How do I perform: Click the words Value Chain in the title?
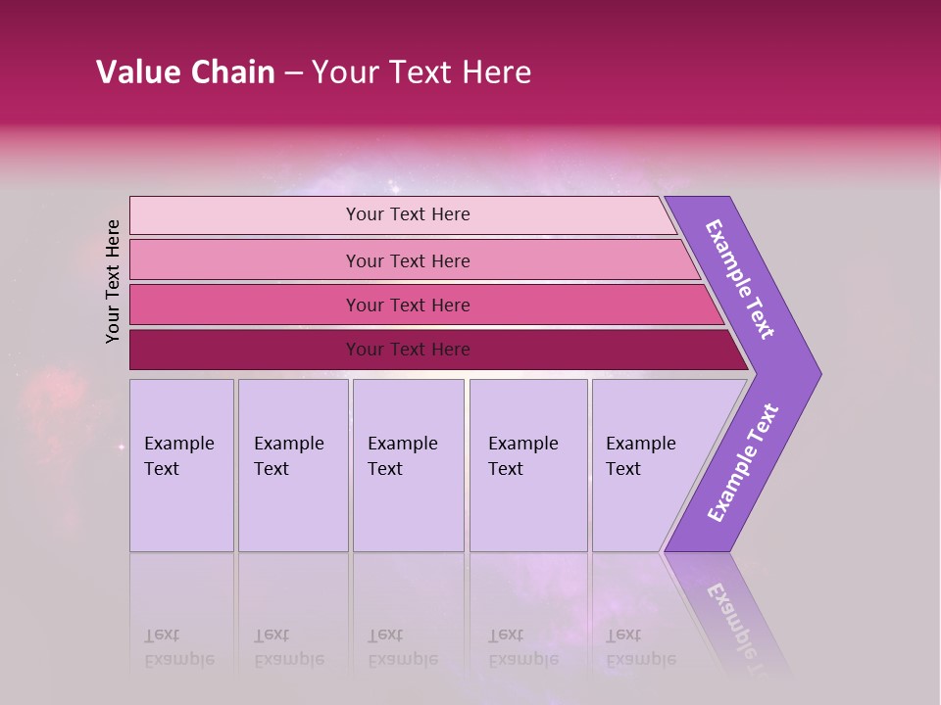185,72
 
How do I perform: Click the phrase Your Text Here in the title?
421,72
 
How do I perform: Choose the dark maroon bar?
245,350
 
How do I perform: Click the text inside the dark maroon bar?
408,350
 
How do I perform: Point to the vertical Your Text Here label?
113,281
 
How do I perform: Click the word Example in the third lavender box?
402,444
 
